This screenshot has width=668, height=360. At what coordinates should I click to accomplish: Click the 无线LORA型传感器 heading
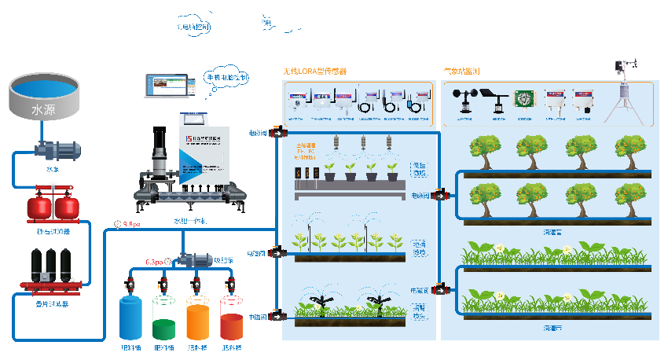315,72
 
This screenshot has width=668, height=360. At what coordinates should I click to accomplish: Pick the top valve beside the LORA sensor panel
276,133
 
